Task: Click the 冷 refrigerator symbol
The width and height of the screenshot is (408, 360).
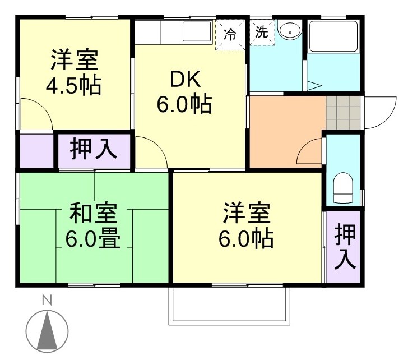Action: click(230, 34)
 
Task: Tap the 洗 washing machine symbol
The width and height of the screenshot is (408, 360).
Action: click(262, 33)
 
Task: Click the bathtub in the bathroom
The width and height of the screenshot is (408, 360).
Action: click(333, 37)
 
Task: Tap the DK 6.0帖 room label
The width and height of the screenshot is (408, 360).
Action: click(184, 92)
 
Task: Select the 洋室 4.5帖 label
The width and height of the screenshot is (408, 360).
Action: click(74, 73)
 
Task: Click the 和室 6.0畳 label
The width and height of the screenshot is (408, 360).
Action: click(93, 227)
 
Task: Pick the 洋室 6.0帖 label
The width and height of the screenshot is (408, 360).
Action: click(247, 227)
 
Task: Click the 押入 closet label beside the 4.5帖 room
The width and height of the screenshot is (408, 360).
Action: click(93, 150)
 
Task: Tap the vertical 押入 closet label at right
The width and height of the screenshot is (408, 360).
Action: click(345, 247)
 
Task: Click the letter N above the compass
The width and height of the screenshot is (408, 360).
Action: click(47, 301)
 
